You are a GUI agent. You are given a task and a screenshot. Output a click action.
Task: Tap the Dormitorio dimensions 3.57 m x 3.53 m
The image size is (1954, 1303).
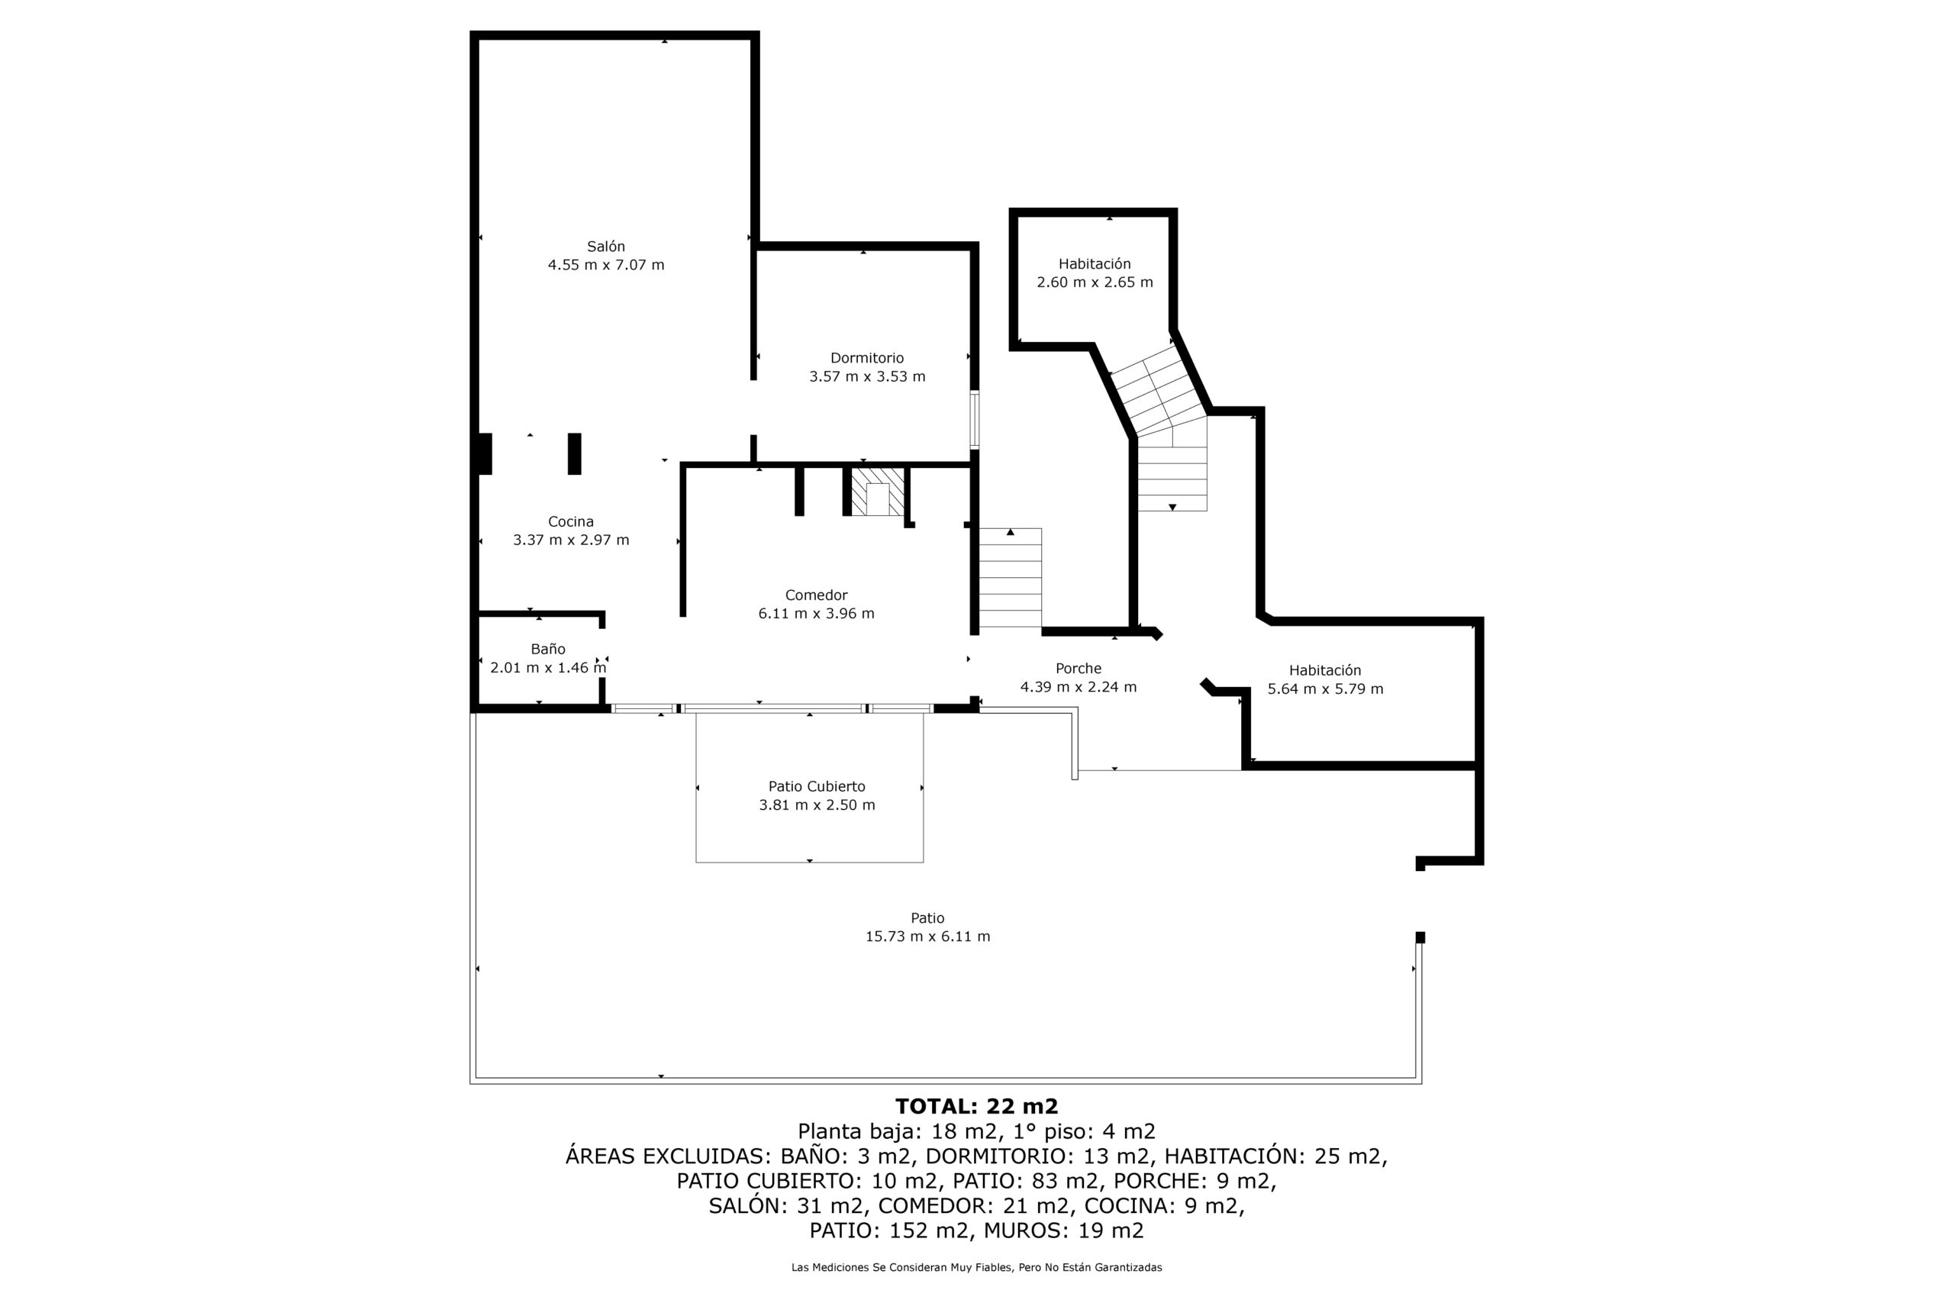tap(867, 376)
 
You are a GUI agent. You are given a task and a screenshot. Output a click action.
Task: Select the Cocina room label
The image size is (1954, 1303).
tap(571, 522)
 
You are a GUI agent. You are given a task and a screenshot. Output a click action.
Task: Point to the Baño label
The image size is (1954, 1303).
tap(548, 649)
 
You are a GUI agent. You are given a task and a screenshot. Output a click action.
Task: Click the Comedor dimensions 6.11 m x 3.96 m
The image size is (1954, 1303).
tap(817, 613)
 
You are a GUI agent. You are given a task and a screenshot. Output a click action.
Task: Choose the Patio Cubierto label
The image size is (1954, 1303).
tap(817, 786)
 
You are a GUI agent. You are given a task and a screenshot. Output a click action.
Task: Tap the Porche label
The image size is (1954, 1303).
tap(1079, 668)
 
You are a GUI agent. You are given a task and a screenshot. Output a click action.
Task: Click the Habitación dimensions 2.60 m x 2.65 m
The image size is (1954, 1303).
tap(1095, 282)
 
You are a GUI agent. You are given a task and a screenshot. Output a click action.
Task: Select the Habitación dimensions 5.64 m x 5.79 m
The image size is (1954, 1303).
tap(1326, 689)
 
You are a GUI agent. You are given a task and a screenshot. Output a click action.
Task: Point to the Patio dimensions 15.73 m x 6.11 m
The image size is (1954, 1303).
tap(928, 937)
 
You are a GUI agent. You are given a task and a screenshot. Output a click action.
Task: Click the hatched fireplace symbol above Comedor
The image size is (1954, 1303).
tap(878, 491)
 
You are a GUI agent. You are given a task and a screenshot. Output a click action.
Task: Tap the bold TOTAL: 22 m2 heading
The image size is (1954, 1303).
tap(977, 1106)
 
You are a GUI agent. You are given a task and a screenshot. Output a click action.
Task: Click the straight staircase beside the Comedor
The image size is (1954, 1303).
tap(1011, 578)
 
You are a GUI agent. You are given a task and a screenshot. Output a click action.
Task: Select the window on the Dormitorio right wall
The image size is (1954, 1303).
tap(975, 420)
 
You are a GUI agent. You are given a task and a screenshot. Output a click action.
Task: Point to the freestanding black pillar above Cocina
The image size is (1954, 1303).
tap(574, 453)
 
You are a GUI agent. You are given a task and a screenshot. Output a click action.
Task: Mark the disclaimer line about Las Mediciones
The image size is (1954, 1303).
tap(977, 1267)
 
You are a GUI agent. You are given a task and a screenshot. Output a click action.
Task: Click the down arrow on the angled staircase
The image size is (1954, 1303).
tap(1172, 507)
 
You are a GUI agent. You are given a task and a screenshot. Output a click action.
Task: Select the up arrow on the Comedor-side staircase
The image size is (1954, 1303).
tap(1011, 532)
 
